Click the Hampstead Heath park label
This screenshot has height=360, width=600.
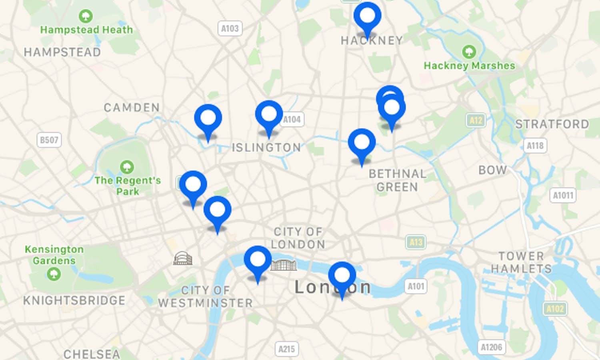point(86,30)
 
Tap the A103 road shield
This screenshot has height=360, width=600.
point(230,28)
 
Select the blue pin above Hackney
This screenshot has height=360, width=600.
point(367,16)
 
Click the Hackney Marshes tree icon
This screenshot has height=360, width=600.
point(469,52)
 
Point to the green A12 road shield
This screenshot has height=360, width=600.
point(476,120)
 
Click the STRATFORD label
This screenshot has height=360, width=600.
point(552,124)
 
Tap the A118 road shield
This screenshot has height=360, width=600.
point(535,146)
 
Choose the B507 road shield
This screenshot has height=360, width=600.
point(49,140)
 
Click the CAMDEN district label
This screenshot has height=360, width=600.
point(132,108)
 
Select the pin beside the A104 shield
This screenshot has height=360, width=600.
point(269,115)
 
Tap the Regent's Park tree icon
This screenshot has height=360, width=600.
point(127,167)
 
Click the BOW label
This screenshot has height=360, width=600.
point(492,170)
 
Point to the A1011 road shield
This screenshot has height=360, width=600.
point(563,196)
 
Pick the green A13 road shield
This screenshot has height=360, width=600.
point(416,242)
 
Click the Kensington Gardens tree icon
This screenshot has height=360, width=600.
point(54,274)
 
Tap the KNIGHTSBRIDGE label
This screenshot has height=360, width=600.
point(74,300)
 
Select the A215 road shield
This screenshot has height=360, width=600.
point(286,349)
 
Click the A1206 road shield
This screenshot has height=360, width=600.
point(491,347)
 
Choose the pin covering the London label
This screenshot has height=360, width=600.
point(342,276)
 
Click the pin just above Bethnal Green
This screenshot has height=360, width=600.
point(362,143)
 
